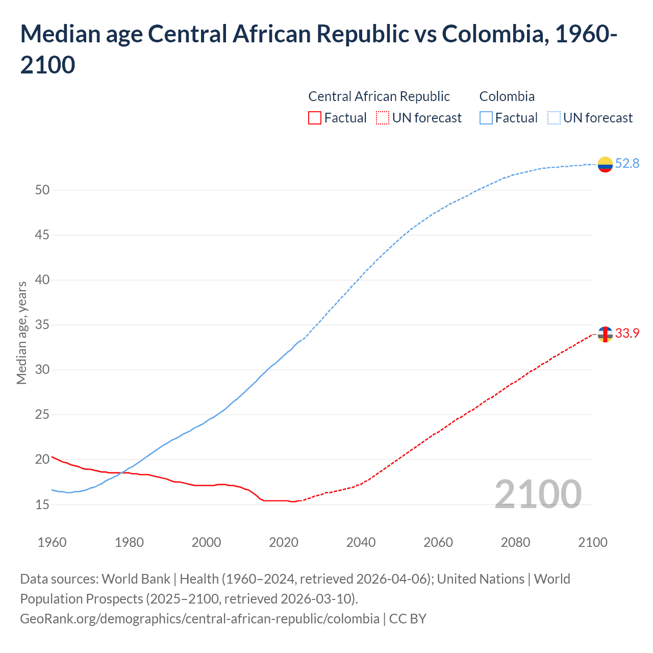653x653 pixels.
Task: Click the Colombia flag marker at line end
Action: coord(605,164)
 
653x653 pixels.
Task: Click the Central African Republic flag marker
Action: coord(605,334)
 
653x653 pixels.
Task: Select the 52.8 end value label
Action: coord(627,163)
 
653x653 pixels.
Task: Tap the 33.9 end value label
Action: coord(627,333)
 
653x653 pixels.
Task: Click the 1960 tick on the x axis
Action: coord(52,542)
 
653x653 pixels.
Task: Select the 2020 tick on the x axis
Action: coord(284,542)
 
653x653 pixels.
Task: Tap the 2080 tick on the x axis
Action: coord(515,542)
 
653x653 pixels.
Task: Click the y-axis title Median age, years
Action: coord(21,333)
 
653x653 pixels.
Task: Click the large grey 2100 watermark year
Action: coord(538,494)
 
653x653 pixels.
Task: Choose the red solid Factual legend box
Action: coord(315,118)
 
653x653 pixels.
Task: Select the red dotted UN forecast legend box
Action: coord(383,118)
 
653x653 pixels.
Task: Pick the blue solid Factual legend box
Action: coord(486,118)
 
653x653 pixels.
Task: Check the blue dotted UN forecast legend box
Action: coord(554,118)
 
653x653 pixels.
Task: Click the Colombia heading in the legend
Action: coord(507,96)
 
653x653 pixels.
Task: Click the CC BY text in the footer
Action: coord(408,619)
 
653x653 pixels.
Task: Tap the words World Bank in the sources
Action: coord(136,579)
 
